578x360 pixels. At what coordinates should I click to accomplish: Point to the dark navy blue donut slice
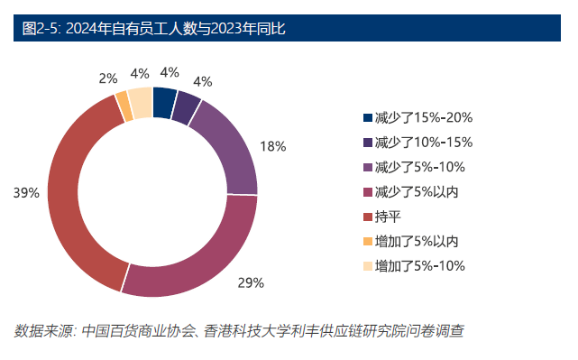tap(163, 102)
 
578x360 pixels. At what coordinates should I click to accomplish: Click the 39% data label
tap(26, 192)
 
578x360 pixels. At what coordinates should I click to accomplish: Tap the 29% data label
tap(250, 282)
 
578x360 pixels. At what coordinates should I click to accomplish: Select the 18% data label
tap(272, 146)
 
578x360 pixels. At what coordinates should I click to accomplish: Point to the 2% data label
tap(108, 78)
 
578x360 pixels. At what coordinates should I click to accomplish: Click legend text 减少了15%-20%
tap(423, 117)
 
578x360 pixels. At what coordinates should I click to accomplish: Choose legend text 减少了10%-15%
tap(423, 142)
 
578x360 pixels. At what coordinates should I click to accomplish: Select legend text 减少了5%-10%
tap(419, 167)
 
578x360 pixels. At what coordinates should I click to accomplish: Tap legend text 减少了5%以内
tap(417, 191)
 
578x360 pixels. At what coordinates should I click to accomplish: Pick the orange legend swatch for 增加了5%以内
tap(367, 241)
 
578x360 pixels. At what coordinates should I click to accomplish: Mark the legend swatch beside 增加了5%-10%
tap(367, 265)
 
